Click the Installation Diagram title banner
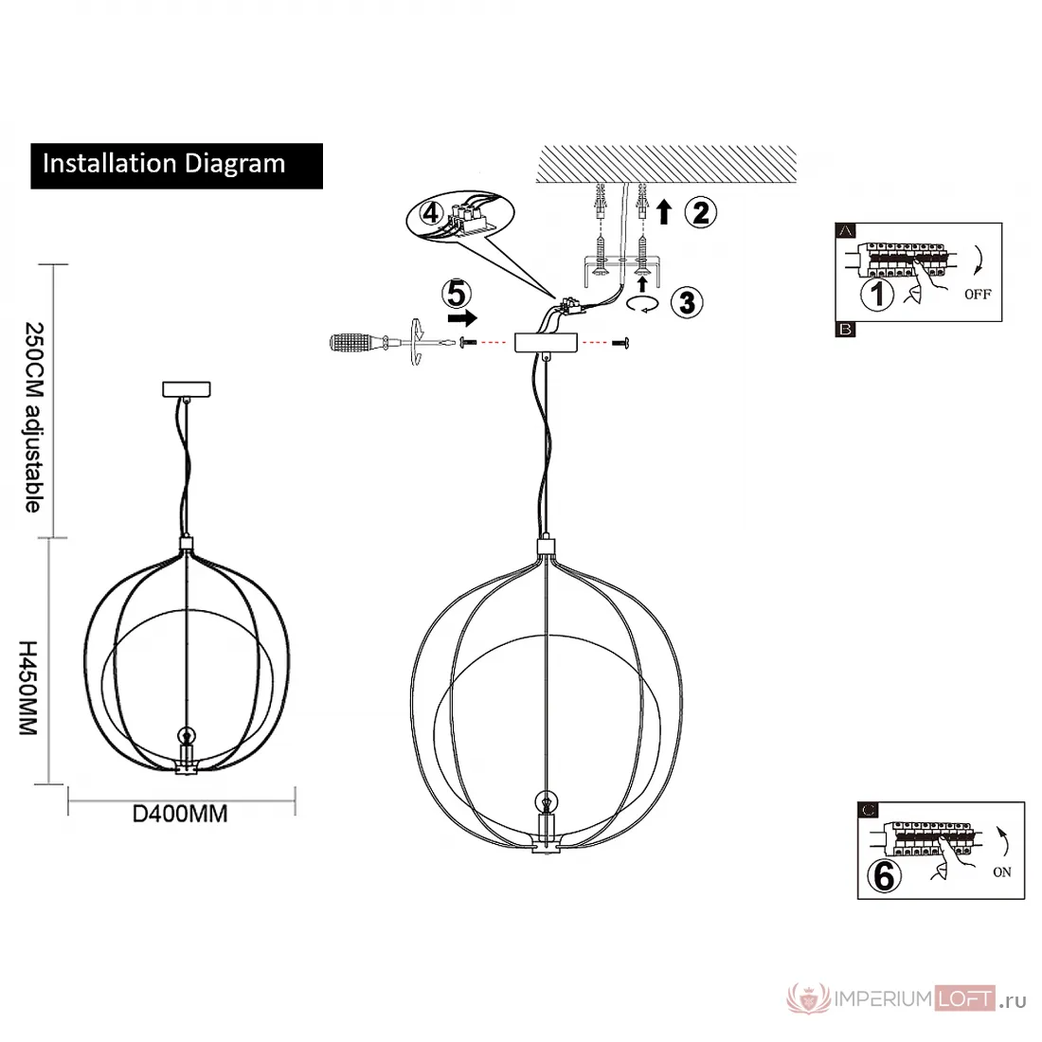click(177, 166)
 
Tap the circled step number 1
click(877, 294)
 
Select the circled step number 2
click(700, 212)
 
